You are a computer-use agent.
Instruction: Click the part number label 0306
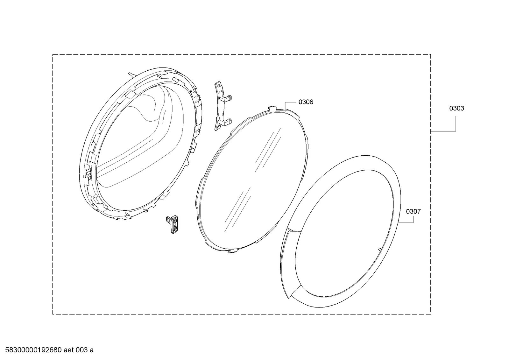[306, 102]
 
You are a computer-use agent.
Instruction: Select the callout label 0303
[456, 109]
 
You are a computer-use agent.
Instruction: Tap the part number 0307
[413, 212]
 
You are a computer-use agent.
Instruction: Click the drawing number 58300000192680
[33, 350]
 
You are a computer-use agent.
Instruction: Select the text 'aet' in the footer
[69, 350]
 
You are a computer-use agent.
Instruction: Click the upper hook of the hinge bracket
[228, 98]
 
